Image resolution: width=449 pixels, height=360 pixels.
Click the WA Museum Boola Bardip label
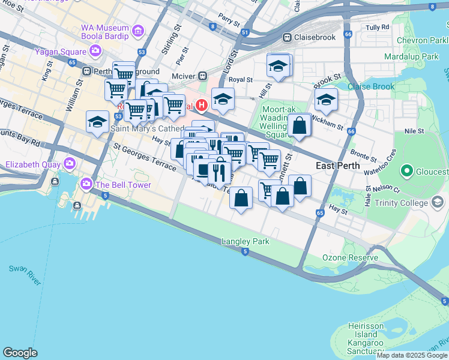click(x=105, y=33)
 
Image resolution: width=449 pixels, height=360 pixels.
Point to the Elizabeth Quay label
click(x=33, y=164)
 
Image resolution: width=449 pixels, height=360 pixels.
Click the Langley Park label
click(x=246, y=241)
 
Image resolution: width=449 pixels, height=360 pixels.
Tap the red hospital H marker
click(x=202, y=106)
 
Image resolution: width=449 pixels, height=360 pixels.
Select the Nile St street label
click(x=414, y=130)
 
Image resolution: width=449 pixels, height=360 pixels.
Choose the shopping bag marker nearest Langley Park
click(x=241, y=198)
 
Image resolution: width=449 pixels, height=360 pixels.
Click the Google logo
click(x=20, y=353)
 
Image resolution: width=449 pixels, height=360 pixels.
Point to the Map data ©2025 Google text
click(x=411, y=355)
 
